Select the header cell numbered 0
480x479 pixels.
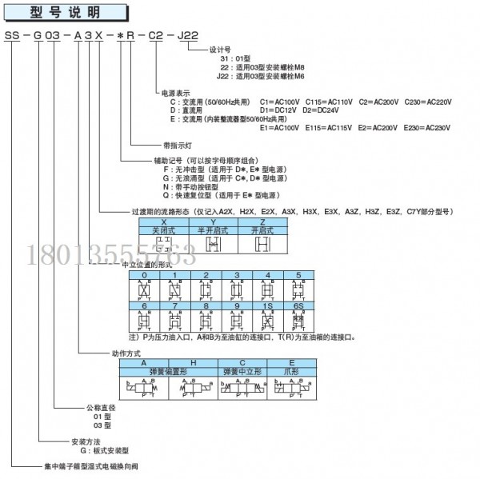click(x=143, y=274)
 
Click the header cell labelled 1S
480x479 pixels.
click(x=266, y=305)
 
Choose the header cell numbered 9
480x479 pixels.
click(x=236, y=305)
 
